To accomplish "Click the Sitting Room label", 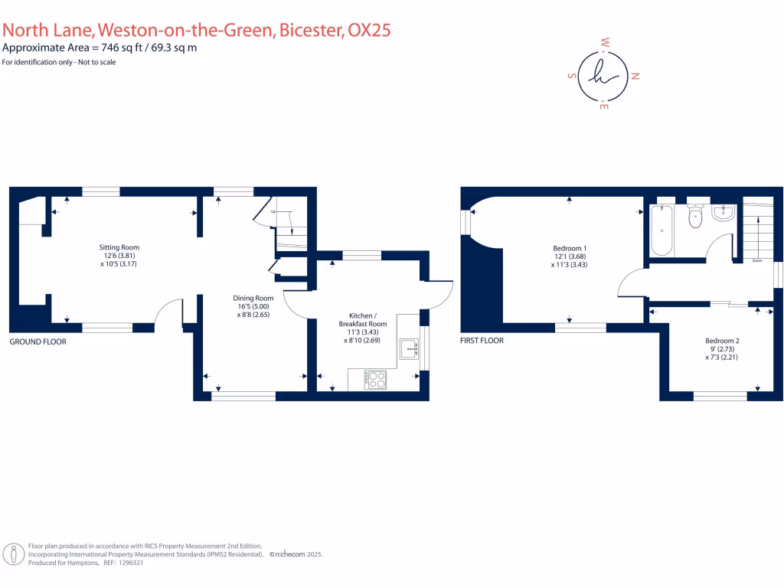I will (x=119, y=247).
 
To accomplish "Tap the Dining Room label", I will (x=253, y=298).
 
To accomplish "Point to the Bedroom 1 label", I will (x=570, y=248).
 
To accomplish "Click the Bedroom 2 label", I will (x=721, y=341).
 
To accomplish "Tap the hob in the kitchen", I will (x=376, y=379).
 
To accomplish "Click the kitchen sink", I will (x=409, y=349).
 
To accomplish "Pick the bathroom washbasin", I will (x=723, y=212).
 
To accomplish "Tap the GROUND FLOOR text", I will (x=38, y=341).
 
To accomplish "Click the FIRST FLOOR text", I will (x=482, y=340).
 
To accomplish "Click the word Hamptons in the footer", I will (x=84, y=563).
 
